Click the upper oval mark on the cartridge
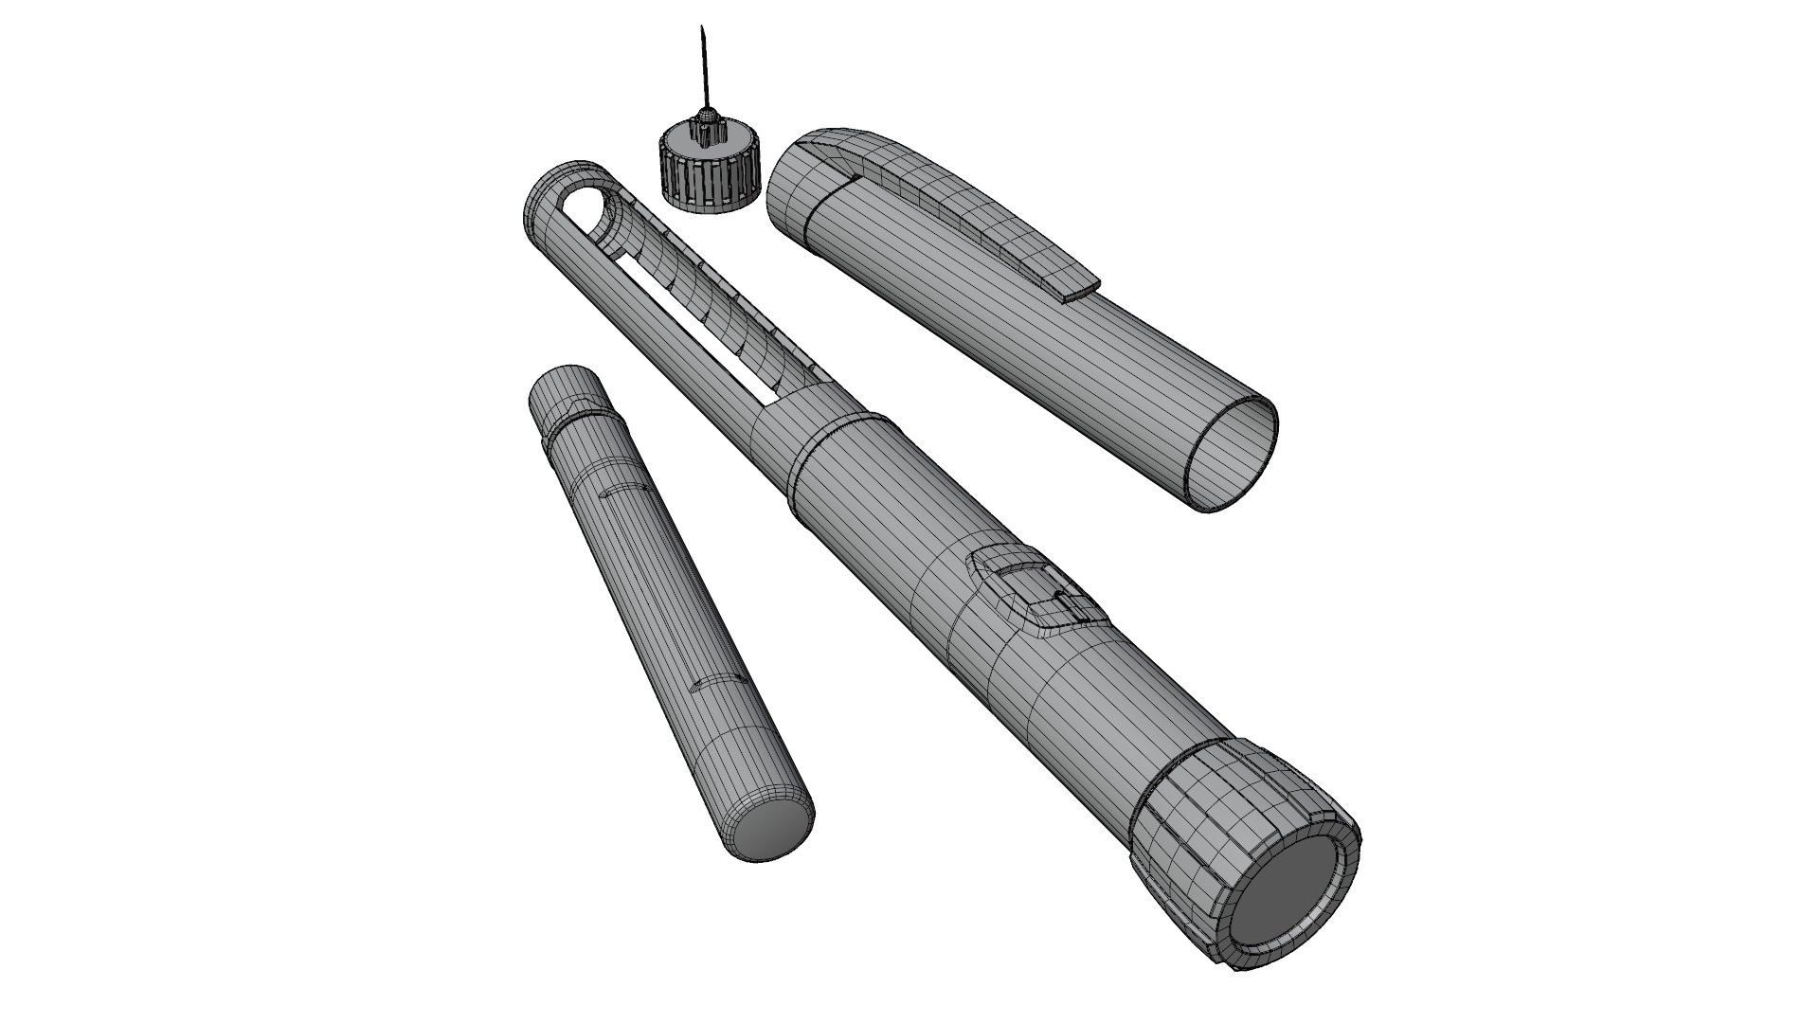coord(624,491)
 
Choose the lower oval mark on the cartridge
coord(715,682)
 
